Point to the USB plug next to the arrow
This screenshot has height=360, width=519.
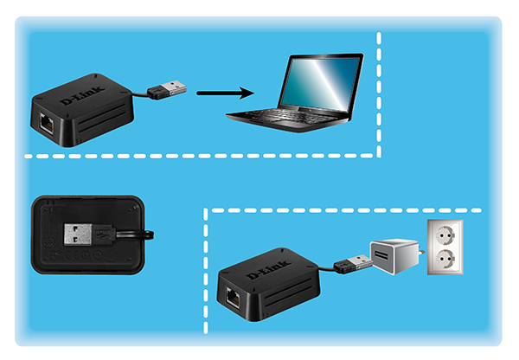click(x=165, y=89)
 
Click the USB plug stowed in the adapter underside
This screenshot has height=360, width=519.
click(x=86, y=234)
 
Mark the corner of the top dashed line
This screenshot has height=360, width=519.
click(x=380, y=156)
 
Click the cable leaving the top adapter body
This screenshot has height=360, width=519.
click(x=139, y=93)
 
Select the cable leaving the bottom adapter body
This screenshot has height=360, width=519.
click(x=327, y=268)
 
